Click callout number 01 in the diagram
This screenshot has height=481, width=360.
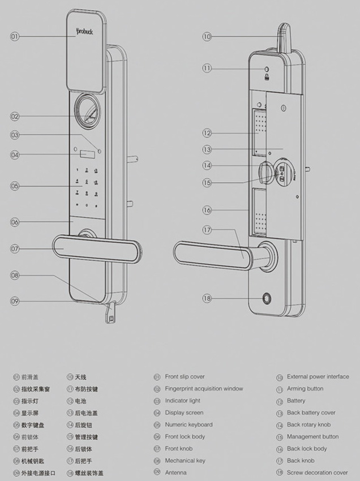[15, 36]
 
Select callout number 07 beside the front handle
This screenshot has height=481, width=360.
[15, 248]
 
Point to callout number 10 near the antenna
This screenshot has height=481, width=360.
[207, 36]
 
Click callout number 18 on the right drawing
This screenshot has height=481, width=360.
[207, 298]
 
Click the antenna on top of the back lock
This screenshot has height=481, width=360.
[282, 37]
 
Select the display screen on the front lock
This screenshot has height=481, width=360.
[87, 154]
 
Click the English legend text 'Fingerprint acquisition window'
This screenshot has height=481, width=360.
[204, 389]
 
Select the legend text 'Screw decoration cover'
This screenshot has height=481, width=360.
[317, 473]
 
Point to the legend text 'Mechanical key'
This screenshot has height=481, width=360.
[185, 461]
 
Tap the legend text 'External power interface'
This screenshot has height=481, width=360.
[318, 376]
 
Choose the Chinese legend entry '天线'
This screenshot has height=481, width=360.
[81, 377]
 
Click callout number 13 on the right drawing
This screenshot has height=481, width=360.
[207, 149]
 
